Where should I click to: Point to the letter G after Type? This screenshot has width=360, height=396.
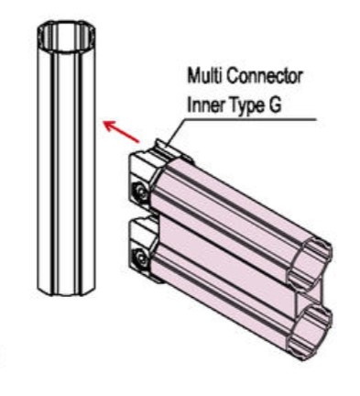[x=274, y=105]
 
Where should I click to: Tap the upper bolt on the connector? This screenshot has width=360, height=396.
[x=141, y=192]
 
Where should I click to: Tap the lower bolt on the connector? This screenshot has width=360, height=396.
[x=141, y=258]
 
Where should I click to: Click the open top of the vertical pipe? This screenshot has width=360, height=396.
[x=67, y=35]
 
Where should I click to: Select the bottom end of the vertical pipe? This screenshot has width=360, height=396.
[x=67, y=291]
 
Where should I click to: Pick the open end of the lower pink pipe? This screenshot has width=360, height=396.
[x=311, y=329]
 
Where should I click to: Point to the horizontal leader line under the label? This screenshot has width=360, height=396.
[x=250, y=119]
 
